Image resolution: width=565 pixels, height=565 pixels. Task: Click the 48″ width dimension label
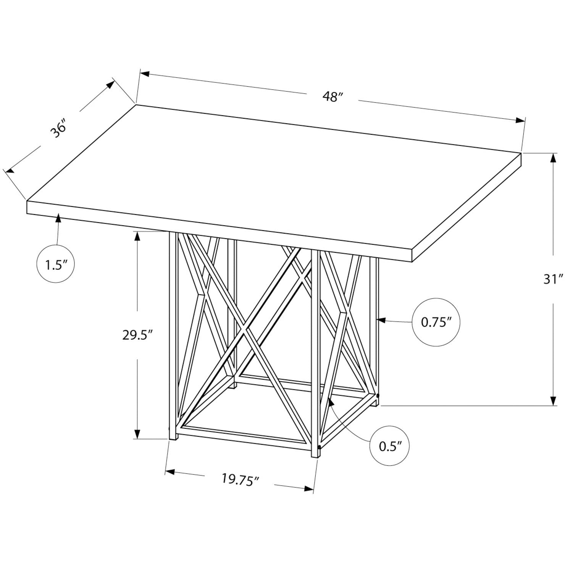pos(331,97)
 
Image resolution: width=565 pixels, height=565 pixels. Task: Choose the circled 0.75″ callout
pos(436,323)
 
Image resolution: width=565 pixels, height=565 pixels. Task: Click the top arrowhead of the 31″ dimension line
pos(552,158)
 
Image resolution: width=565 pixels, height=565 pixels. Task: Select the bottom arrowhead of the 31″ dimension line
pos(552,400)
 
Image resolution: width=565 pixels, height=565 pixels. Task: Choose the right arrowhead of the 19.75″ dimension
pos(308,488)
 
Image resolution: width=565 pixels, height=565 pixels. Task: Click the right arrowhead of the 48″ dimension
pos(520,120)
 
